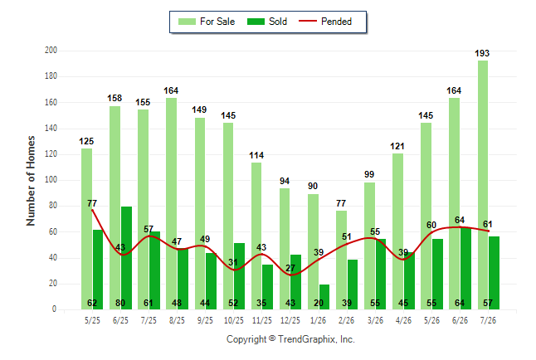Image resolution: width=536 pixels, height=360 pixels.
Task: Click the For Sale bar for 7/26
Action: (483, 185)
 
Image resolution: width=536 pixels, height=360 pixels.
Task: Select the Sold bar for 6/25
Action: (126, 258)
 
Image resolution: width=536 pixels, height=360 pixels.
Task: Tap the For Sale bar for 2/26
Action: (341, 260)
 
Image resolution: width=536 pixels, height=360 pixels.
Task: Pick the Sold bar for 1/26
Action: (324, 297)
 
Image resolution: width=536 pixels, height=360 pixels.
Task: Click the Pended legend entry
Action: (325, 22)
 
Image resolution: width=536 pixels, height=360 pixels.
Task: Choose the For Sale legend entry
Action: (207, 22)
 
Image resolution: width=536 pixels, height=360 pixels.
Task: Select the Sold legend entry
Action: (267, 22)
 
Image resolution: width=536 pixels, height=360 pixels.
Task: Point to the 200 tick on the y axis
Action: (51, 51)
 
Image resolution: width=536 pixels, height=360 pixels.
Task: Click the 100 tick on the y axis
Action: (51, 180)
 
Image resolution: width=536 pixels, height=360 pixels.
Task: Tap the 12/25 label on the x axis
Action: (290, 320)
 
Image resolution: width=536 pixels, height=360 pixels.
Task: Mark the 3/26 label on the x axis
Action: (375, 320)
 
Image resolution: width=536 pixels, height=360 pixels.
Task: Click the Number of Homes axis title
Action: (31, 181)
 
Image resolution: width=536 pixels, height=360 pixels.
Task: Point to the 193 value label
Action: (482, 53)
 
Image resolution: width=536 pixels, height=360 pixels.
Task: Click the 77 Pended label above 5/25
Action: (92, 203)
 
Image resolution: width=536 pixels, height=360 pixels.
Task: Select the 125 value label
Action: (86, 141)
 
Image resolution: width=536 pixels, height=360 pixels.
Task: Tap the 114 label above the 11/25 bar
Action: (256, 156)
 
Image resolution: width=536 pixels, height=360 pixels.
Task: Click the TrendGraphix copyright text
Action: (290, 339)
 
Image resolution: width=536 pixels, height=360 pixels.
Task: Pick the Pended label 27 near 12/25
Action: (290, 268)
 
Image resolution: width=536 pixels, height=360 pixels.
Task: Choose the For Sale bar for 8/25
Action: (171, 204)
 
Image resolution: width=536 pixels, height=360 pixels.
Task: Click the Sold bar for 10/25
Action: (239, 276)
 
